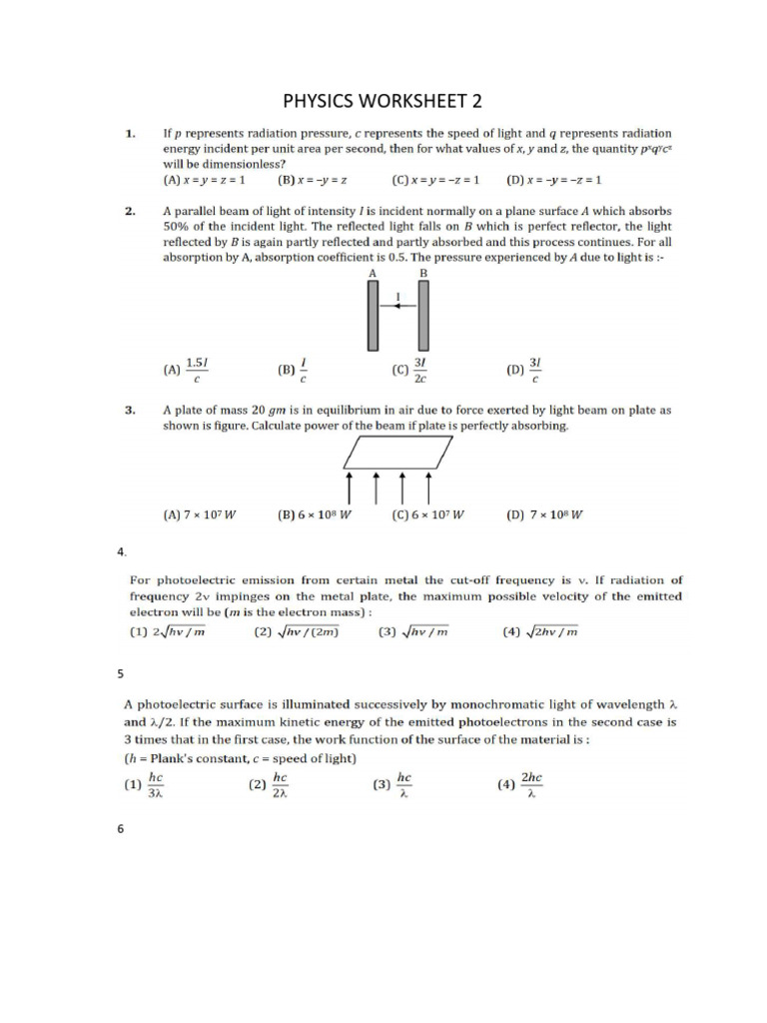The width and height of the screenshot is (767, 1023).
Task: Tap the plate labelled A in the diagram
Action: [374, 315]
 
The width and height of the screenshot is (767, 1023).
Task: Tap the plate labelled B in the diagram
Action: [424, 315]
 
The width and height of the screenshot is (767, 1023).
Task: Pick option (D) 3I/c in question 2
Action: [525, 370]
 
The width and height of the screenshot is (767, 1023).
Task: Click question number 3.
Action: [130, 410]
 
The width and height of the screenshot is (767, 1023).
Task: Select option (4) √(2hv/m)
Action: [540, 631]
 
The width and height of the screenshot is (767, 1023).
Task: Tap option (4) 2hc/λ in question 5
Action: [520, 785]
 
